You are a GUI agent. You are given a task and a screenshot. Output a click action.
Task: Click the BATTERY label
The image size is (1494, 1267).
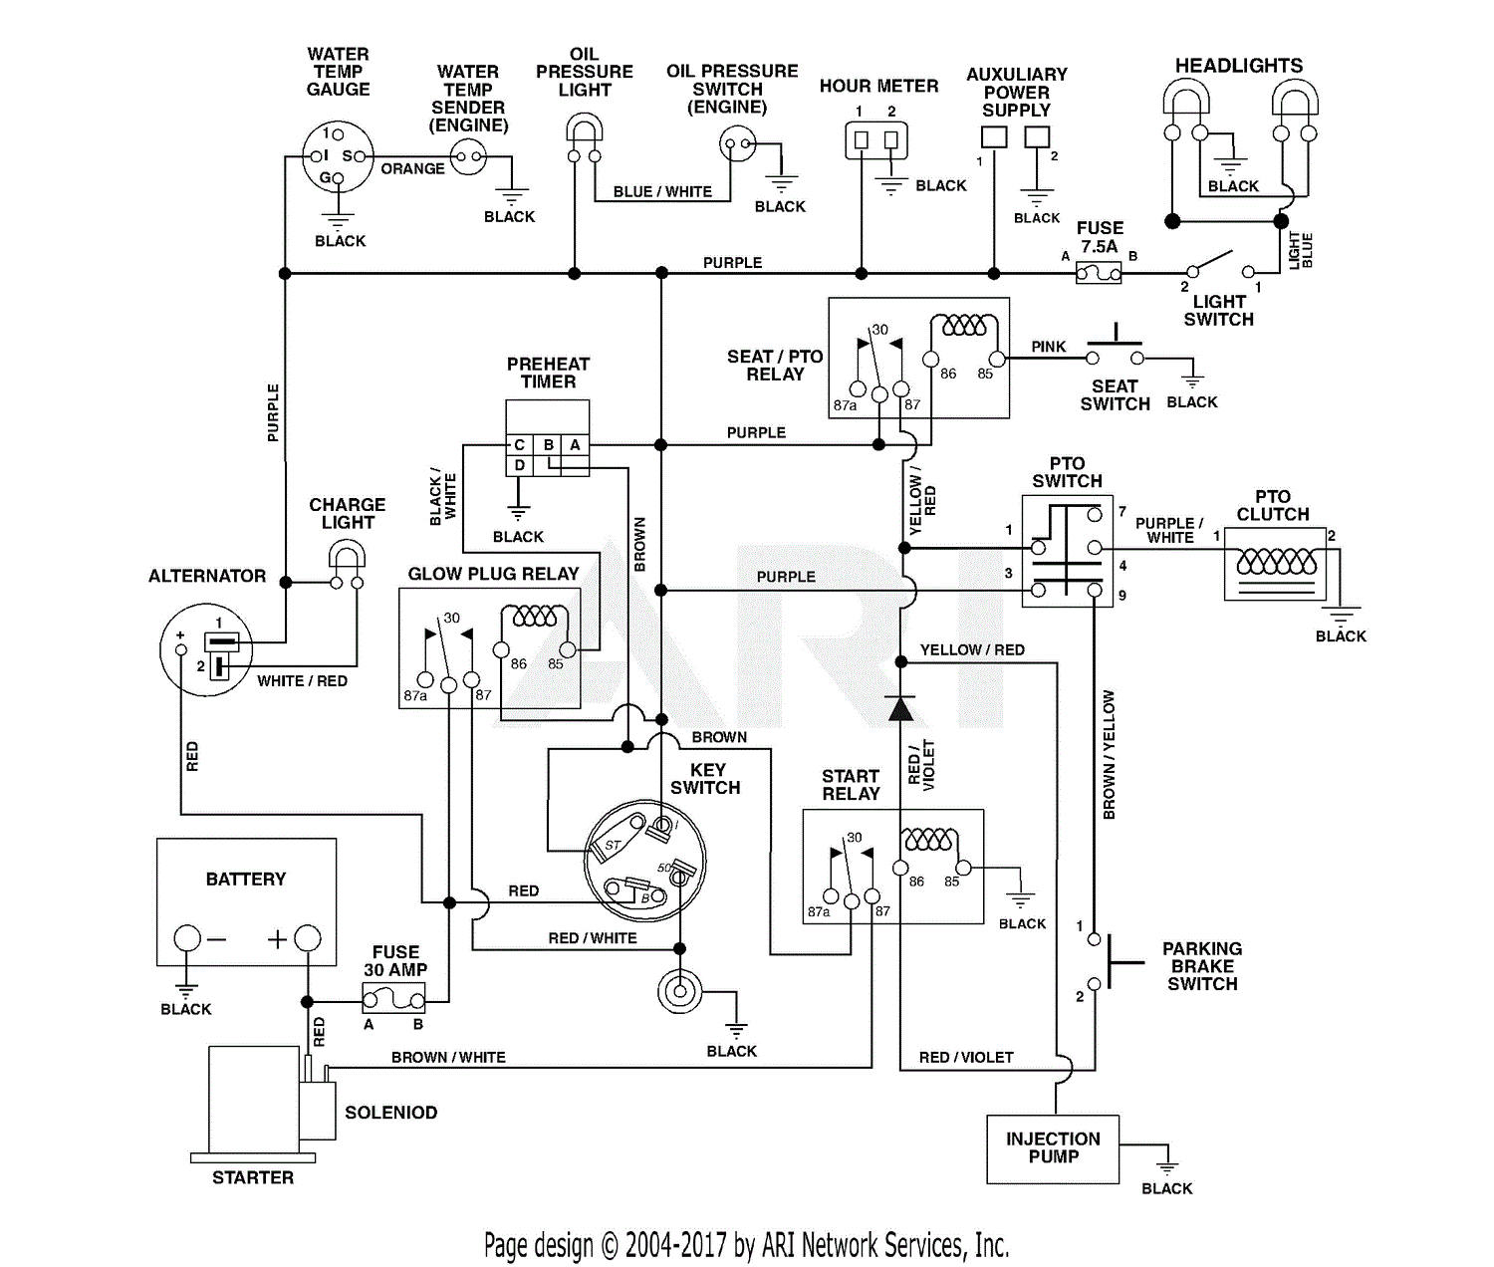[x=245, y=879]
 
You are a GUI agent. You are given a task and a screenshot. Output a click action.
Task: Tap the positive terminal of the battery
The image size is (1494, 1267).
[x=308, y=937]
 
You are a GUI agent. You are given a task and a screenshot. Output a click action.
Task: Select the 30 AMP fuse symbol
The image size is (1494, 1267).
[x=393, y=997]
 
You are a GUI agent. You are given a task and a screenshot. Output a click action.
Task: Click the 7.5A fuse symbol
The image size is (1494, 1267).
[x=1099, y=273]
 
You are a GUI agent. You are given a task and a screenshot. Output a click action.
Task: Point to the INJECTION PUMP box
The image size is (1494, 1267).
[x=1053, y=1148]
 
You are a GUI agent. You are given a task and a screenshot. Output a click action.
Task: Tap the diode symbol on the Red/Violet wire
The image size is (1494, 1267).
[x=900, y=708]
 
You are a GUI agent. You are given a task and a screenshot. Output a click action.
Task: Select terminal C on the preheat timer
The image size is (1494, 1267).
[x=519, y=445]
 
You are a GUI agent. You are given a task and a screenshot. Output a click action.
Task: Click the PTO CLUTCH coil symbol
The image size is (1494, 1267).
[x=1276, y=563]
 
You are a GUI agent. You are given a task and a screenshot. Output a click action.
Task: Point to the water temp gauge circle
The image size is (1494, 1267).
[x=338, y=156]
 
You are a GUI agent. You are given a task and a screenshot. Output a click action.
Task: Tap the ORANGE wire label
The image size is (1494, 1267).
[x=412, y=169]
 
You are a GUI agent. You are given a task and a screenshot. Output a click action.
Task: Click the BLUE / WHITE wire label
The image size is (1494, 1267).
[x=662, y=192]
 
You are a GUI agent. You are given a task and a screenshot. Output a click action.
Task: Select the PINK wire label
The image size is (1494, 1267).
[x=1048, y=347]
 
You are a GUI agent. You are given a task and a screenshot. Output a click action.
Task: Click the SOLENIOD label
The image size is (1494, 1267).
[x=390, y=1113]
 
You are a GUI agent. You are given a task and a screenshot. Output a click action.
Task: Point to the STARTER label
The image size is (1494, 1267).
[x=253, y=1177]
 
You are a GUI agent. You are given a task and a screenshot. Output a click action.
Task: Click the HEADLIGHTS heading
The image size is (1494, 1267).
[x=1238, y=66]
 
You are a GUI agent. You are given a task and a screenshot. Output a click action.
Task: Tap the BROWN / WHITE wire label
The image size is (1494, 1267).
[x=448, y=1057]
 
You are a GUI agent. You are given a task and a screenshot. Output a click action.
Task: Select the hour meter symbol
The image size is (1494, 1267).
[x=876, y=140]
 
